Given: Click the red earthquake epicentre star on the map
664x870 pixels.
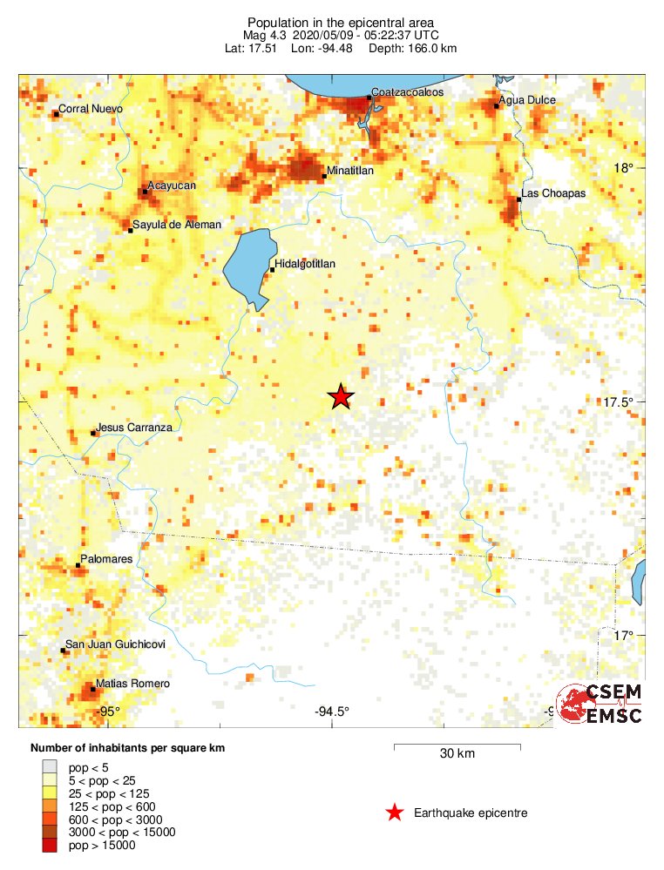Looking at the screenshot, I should pos(340,397).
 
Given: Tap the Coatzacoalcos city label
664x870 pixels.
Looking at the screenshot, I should pos(408,91).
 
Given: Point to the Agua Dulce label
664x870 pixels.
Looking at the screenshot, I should pos(528,100).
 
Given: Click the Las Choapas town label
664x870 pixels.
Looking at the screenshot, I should pos(553,192).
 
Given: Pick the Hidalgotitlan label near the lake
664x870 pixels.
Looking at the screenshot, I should pos(305,263).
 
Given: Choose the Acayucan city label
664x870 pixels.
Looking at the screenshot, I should pos(172,185).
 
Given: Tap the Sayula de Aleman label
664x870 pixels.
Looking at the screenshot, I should pos(177,225).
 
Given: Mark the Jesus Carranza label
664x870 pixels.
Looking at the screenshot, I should pos(135,428).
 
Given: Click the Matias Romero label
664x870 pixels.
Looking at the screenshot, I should pos(132,684).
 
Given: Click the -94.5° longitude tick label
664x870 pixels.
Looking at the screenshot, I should pos(331,712).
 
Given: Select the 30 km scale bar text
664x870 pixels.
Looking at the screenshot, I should pos(457,754).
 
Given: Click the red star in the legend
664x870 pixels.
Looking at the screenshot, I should pos(395,813).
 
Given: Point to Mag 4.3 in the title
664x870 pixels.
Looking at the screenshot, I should pos(266,36).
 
